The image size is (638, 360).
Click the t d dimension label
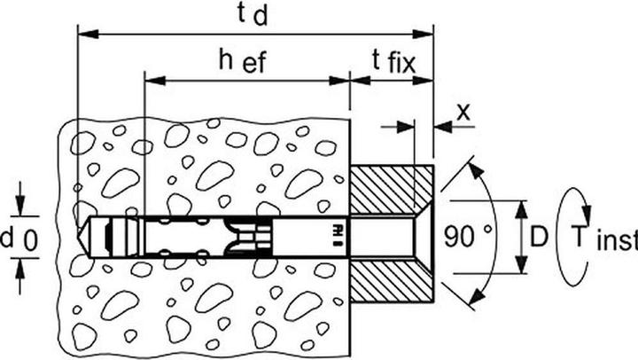(253, 14)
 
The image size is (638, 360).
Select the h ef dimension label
(243, 61)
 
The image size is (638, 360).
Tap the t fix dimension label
(393, 62)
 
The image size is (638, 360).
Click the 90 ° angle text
(468, 236)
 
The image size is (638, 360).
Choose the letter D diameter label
(539, 237)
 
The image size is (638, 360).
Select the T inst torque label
(603, 239)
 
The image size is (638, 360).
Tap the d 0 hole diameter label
(19, 239)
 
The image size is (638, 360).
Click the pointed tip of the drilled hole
(78, 236)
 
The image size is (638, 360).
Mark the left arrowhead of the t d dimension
(88, 34)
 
